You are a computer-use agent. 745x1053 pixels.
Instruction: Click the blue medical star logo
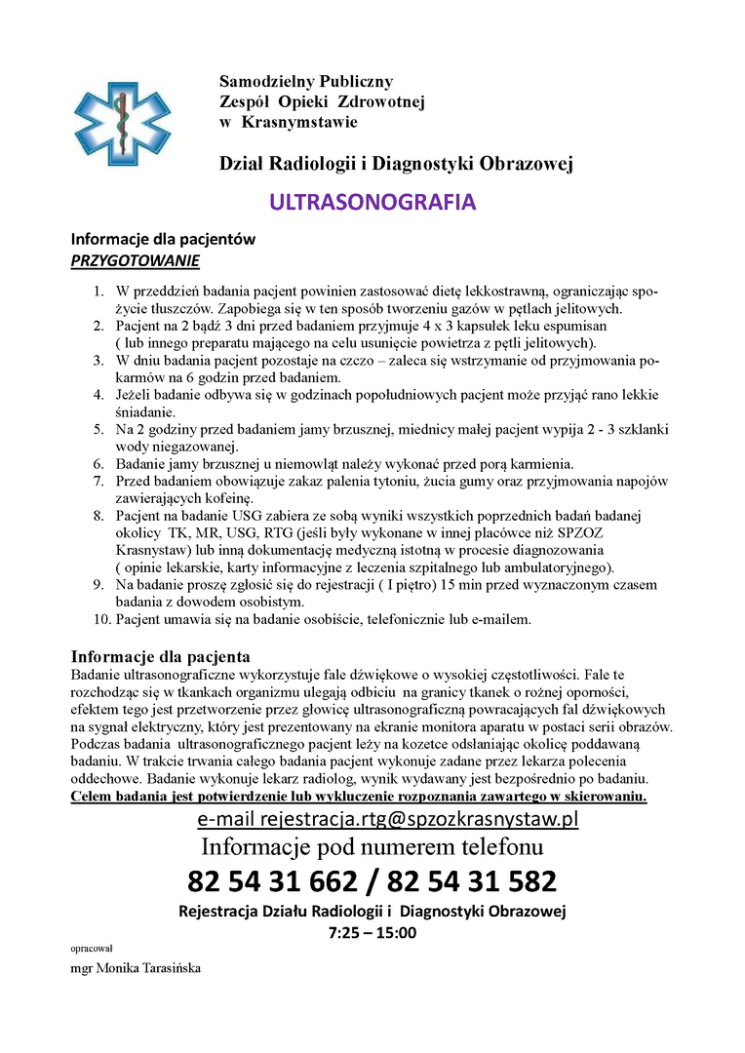pyautogui.click(x=115, y=120)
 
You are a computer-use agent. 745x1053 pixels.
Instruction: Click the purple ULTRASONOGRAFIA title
pyautogui.click(x=372, y=202)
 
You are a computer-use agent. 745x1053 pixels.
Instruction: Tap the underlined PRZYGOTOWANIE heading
pyautogui.click(x=136, y=260)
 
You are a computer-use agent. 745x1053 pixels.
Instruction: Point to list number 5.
pyautogui.click(x=98, y=430)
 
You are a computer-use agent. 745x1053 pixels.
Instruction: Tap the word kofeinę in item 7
pyautogui.click(x=225, y=497)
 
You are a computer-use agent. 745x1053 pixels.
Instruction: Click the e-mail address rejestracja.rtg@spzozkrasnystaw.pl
pyautogui.click(x=388, y=818)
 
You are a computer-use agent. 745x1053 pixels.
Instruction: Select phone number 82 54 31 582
pyautogui.click(x=472, y=881)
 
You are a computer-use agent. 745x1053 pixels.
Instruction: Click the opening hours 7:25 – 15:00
pyautogui.click(x=372, y=932)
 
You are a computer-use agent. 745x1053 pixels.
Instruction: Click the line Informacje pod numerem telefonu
pyautogui.click(x=372, y=846)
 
